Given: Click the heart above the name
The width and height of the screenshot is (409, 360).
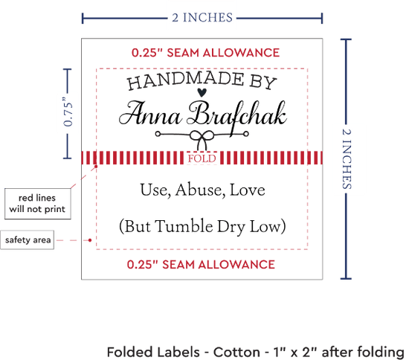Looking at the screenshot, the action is point(202,92).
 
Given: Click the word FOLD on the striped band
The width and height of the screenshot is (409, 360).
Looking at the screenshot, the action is point(202,158).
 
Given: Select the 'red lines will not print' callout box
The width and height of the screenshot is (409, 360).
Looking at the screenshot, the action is point(38,204).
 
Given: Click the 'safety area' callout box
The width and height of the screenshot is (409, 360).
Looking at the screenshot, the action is point(28,240).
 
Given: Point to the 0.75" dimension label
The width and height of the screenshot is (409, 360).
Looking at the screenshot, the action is point(68,112).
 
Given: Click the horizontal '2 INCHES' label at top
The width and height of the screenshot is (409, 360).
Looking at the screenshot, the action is point(202,18).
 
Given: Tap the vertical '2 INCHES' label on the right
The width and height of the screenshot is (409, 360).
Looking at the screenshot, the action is point(347,159).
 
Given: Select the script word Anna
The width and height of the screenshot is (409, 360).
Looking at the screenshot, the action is point(149,115).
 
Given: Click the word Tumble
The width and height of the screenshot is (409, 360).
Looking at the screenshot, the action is point(184,226).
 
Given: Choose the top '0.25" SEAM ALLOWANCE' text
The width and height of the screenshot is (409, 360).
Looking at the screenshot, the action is point(205,53).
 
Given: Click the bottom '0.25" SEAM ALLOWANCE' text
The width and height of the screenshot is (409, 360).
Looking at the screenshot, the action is point(201,265).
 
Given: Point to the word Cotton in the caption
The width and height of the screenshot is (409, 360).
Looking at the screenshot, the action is point(236,352).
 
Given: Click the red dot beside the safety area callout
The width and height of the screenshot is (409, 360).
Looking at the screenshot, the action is point(90,240).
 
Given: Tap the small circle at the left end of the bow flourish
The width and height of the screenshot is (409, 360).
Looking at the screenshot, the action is point(158,134).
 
